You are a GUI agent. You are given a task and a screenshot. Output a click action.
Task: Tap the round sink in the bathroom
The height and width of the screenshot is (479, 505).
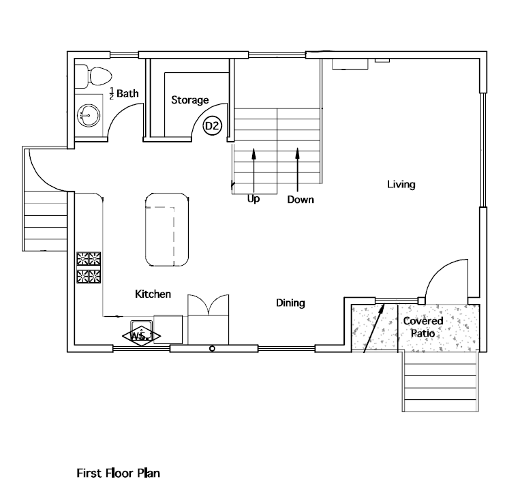pos(89,115)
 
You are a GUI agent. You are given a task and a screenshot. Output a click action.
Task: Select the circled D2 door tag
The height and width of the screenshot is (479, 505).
pos(212,125)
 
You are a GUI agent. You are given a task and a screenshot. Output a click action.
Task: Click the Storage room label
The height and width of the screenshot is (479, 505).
pos(189,100)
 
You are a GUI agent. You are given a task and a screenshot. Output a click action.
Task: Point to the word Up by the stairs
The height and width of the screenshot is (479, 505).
pos(254,199)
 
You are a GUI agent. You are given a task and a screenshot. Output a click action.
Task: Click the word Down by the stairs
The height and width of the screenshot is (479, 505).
pos(301,200)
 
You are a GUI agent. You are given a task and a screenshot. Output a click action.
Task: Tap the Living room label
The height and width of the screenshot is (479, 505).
pos(401,185)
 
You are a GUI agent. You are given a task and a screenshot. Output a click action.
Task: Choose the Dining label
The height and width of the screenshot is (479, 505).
pos(290,303)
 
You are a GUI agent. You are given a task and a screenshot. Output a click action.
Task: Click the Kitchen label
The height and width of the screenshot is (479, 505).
pos(153,294)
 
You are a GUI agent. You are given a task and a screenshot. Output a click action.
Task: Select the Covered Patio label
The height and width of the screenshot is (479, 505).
pos(423,327)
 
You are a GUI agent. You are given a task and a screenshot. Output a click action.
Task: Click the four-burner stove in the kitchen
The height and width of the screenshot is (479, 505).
pos(89,268)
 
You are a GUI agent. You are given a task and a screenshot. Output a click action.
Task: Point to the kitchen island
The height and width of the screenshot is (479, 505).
pos(167,230)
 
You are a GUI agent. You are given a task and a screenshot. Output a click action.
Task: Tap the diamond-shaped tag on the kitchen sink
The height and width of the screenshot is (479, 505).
pos(141,337)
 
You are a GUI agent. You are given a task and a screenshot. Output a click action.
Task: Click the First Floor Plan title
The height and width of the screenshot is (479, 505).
pos(118,473)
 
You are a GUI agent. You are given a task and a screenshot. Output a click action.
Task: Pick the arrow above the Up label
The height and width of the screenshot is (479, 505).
pos(254,170)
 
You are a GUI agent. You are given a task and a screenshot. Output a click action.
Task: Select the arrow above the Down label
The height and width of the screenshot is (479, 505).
pos(298,170)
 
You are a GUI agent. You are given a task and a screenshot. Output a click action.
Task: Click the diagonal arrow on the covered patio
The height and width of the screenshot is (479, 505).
pos(374,328)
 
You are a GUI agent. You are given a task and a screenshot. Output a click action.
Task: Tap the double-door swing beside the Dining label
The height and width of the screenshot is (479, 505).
pos(209,305)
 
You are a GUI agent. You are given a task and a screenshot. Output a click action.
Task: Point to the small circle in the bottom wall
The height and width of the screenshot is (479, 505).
pos(212,349)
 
